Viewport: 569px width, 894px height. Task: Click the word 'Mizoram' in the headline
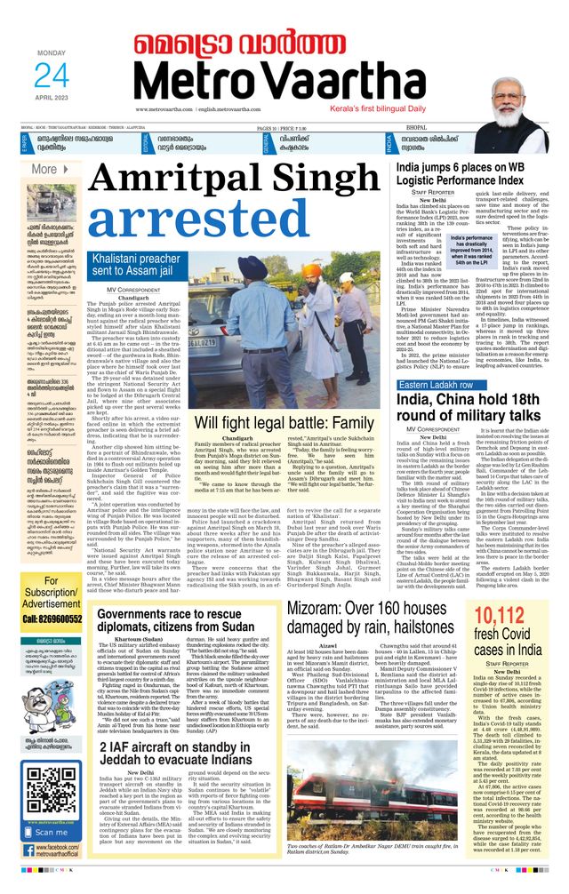coord(322,611)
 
